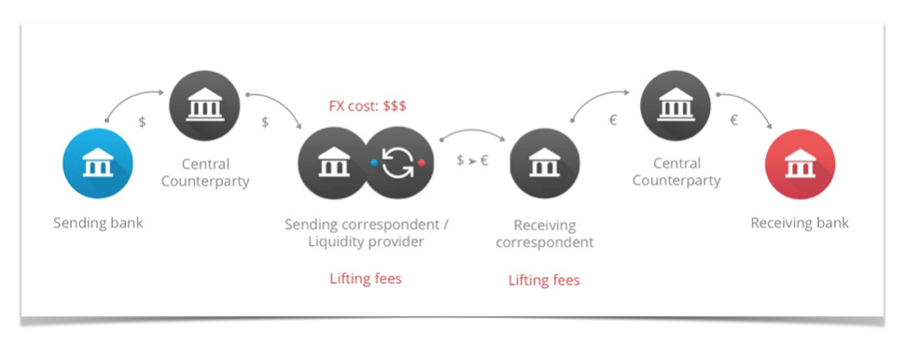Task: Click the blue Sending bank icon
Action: click(98, 165)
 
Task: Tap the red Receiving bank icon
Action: click(800, 164)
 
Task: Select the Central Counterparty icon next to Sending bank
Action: click(204, 106)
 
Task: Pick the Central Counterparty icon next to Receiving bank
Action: click(676, 106)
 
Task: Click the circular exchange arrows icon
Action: click(398, 162)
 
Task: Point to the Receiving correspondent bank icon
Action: click(544, 164)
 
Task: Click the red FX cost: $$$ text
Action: click(368, 106)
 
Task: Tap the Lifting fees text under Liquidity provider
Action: click(365, 278)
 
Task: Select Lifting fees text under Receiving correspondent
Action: click(544, 280)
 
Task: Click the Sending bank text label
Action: click(98, 224)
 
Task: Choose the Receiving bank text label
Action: click(800, 224)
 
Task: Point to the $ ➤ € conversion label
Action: click(473, 161)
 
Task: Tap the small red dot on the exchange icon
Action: click(422, 162)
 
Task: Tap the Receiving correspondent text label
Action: click(544, 234)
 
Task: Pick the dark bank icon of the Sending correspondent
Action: click(333, 163)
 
